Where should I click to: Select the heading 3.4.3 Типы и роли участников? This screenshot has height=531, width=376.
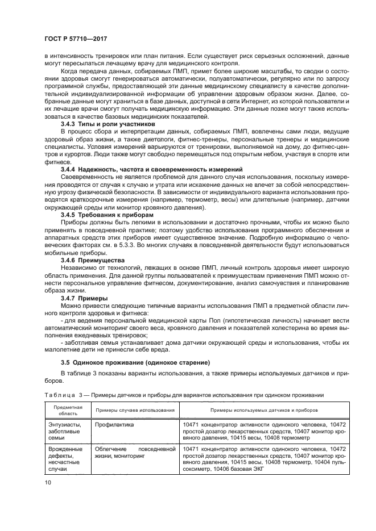[x=107, y=123]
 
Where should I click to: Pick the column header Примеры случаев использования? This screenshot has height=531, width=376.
[x=135, y=410]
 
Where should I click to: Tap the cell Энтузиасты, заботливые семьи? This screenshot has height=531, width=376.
[x=64, y=431]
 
